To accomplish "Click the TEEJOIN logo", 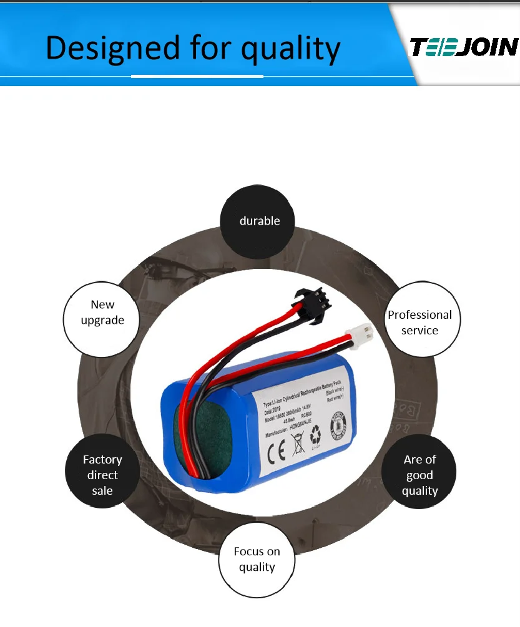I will pos(464,47).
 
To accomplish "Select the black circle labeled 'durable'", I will pos(260,221).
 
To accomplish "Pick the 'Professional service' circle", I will pos(419,322).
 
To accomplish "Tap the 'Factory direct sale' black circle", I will pos(102,475).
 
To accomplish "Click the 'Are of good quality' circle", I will pos(419,475).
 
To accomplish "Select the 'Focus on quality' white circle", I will pos(257,559).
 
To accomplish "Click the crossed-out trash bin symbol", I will pos(297,444).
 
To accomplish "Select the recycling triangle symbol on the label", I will pos(316,433).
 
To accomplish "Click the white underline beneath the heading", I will pos(197,76).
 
